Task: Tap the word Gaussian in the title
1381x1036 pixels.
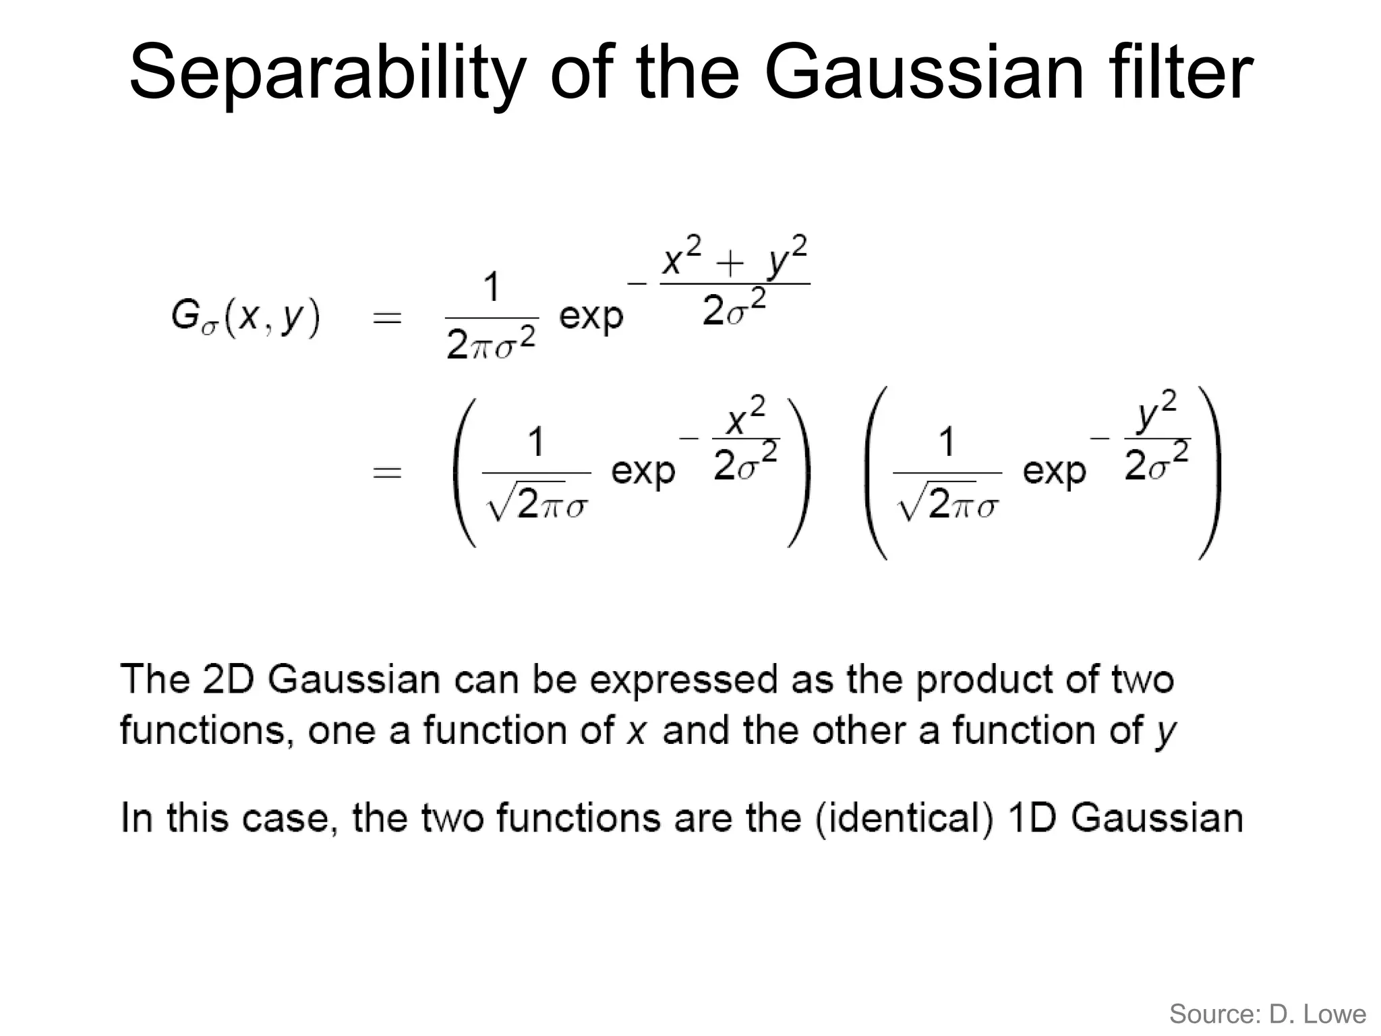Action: tap(924, 71)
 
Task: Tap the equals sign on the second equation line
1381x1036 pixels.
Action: tap(387, 472)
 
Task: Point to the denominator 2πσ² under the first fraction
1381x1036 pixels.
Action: tap(492, 345)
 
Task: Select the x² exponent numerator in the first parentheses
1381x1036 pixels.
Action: tap(746, 418)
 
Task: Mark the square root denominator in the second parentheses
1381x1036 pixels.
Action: tap(947, 505)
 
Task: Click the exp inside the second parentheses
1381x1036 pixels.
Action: tap(1055, 470)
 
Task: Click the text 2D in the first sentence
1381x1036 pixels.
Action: tap(228, 679)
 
